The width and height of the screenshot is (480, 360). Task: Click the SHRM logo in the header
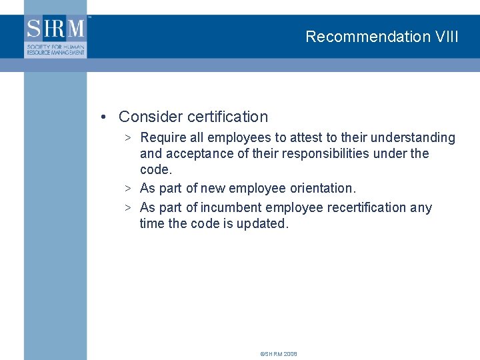coord(56,37)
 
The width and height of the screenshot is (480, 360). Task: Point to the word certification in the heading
coord(228,117)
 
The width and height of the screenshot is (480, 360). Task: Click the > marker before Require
coord(127,138)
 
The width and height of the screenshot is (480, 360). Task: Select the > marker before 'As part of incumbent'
coord(127,207)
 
